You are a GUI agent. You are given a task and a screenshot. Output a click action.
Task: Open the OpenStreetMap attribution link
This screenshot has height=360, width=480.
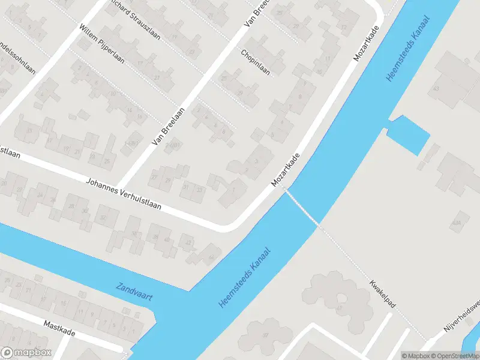[x=451, y=356]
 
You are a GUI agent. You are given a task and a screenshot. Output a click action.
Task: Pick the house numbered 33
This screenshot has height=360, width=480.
[x=200, y=190]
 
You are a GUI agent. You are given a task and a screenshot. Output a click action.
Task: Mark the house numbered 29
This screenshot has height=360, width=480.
[x=169, y=180]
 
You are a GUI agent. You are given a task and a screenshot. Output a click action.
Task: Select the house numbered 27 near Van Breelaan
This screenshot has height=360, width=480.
[x=154, y=178]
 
